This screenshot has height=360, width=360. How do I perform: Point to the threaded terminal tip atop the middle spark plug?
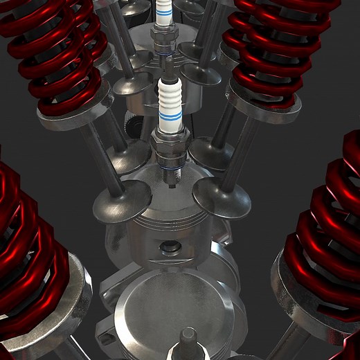(x=168, y=66)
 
